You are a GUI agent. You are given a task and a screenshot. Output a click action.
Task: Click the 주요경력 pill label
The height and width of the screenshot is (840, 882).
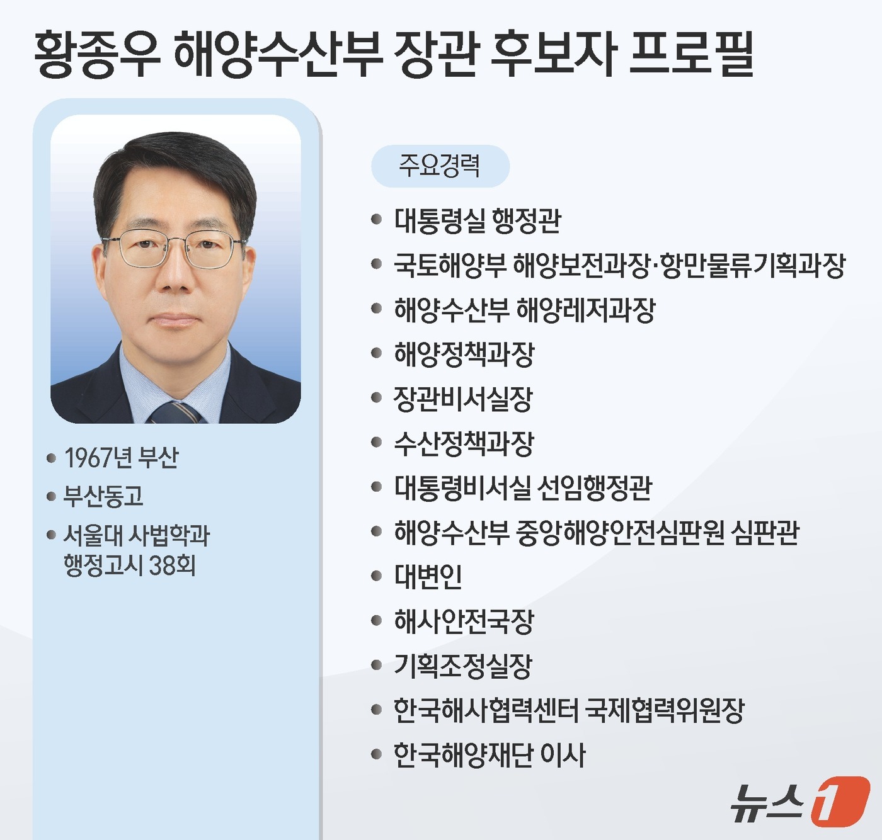(440, 166)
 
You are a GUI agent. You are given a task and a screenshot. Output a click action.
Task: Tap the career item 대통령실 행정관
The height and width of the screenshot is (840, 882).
(477, 220)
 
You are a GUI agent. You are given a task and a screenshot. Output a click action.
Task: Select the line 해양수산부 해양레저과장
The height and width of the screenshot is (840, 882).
(524, 310)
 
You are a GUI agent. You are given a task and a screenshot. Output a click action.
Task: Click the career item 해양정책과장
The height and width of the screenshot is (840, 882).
(464, 354)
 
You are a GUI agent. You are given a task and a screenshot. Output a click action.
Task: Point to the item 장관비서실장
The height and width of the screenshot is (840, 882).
(463, 399)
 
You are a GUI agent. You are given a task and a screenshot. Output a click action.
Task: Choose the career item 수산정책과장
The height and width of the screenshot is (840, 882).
(464, 443)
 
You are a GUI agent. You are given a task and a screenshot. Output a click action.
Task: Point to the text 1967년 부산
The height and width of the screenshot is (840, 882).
(121, 458)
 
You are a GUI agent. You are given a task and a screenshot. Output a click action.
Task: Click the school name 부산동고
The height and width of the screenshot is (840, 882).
(103, 497)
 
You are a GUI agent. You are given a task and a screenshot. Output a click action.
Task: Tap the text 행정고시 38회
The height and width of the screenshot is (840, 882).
(129, 565)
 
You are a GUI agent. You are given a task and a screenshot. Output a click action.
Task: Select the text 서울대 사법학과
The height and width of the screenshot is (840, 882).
(136, 535)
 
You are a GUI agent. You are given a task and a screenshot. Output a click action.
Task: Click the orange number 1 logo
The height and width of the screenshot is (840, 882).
(840, 801)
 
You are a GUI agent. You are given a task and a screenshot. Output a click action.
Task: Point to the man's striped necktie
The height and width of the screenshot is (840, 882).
(176, 412)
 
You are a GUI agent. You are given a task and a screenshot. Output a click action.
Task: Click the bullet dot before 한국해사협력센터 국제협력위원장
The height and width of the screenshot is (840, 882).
(377, 710)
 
